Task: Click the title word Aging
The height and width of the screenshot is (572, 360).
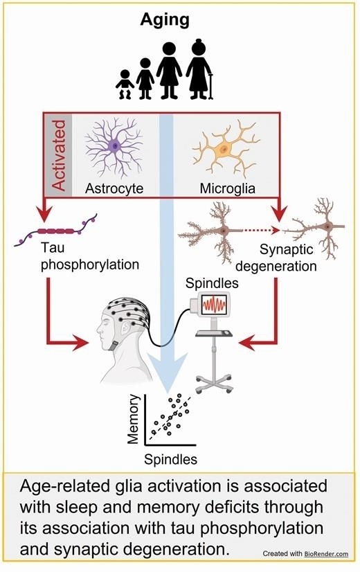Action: click(x=165, y=21)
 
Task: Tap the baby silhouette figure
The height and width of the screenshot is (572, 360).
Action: click(x=125, y=84)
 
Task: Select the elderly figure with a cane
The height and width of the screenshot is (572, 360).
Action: click(x=199, y=69)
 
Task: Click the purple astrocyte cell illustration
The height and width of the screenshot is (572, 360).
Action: click(x=114, y=147)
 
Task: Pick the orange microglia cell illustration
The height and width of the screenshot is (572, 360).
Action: click(x=226, y=148)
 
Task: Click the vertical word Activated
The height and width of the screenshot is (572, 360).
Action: click(x=58, y=155)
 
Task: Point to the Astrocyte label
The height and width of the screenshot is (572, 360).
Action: click(x=114, y=188)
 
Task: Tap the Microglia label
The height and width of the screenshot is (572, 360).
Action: click(x=227, y=188)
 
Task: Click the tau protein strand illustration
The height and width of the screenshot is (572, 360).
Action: click(x=56, y=230)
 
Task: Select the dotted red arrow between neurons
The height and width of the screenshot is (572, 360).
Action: click(x=262, y=230)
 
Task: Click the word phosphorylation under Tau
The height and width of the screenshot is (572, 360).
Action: click(x=90, y=265)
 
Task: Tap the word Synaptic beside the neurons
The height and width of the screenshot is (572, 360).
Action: click(x=287, y=250)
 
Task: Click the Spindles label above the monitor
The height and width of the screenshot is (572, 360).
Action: click(x=212, y=283)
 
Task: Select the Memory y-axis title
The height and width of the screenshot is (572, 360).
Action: click(x=133, y=419)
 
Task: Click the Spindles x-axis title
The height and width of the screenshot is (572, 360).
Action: click(x=170, y=459)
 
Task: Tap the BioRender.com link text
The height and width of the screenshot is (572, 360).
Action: click(x=326, y=554)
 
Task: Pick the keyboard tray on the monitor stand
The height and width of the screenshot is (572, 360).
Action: click(x=214, y=333)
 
